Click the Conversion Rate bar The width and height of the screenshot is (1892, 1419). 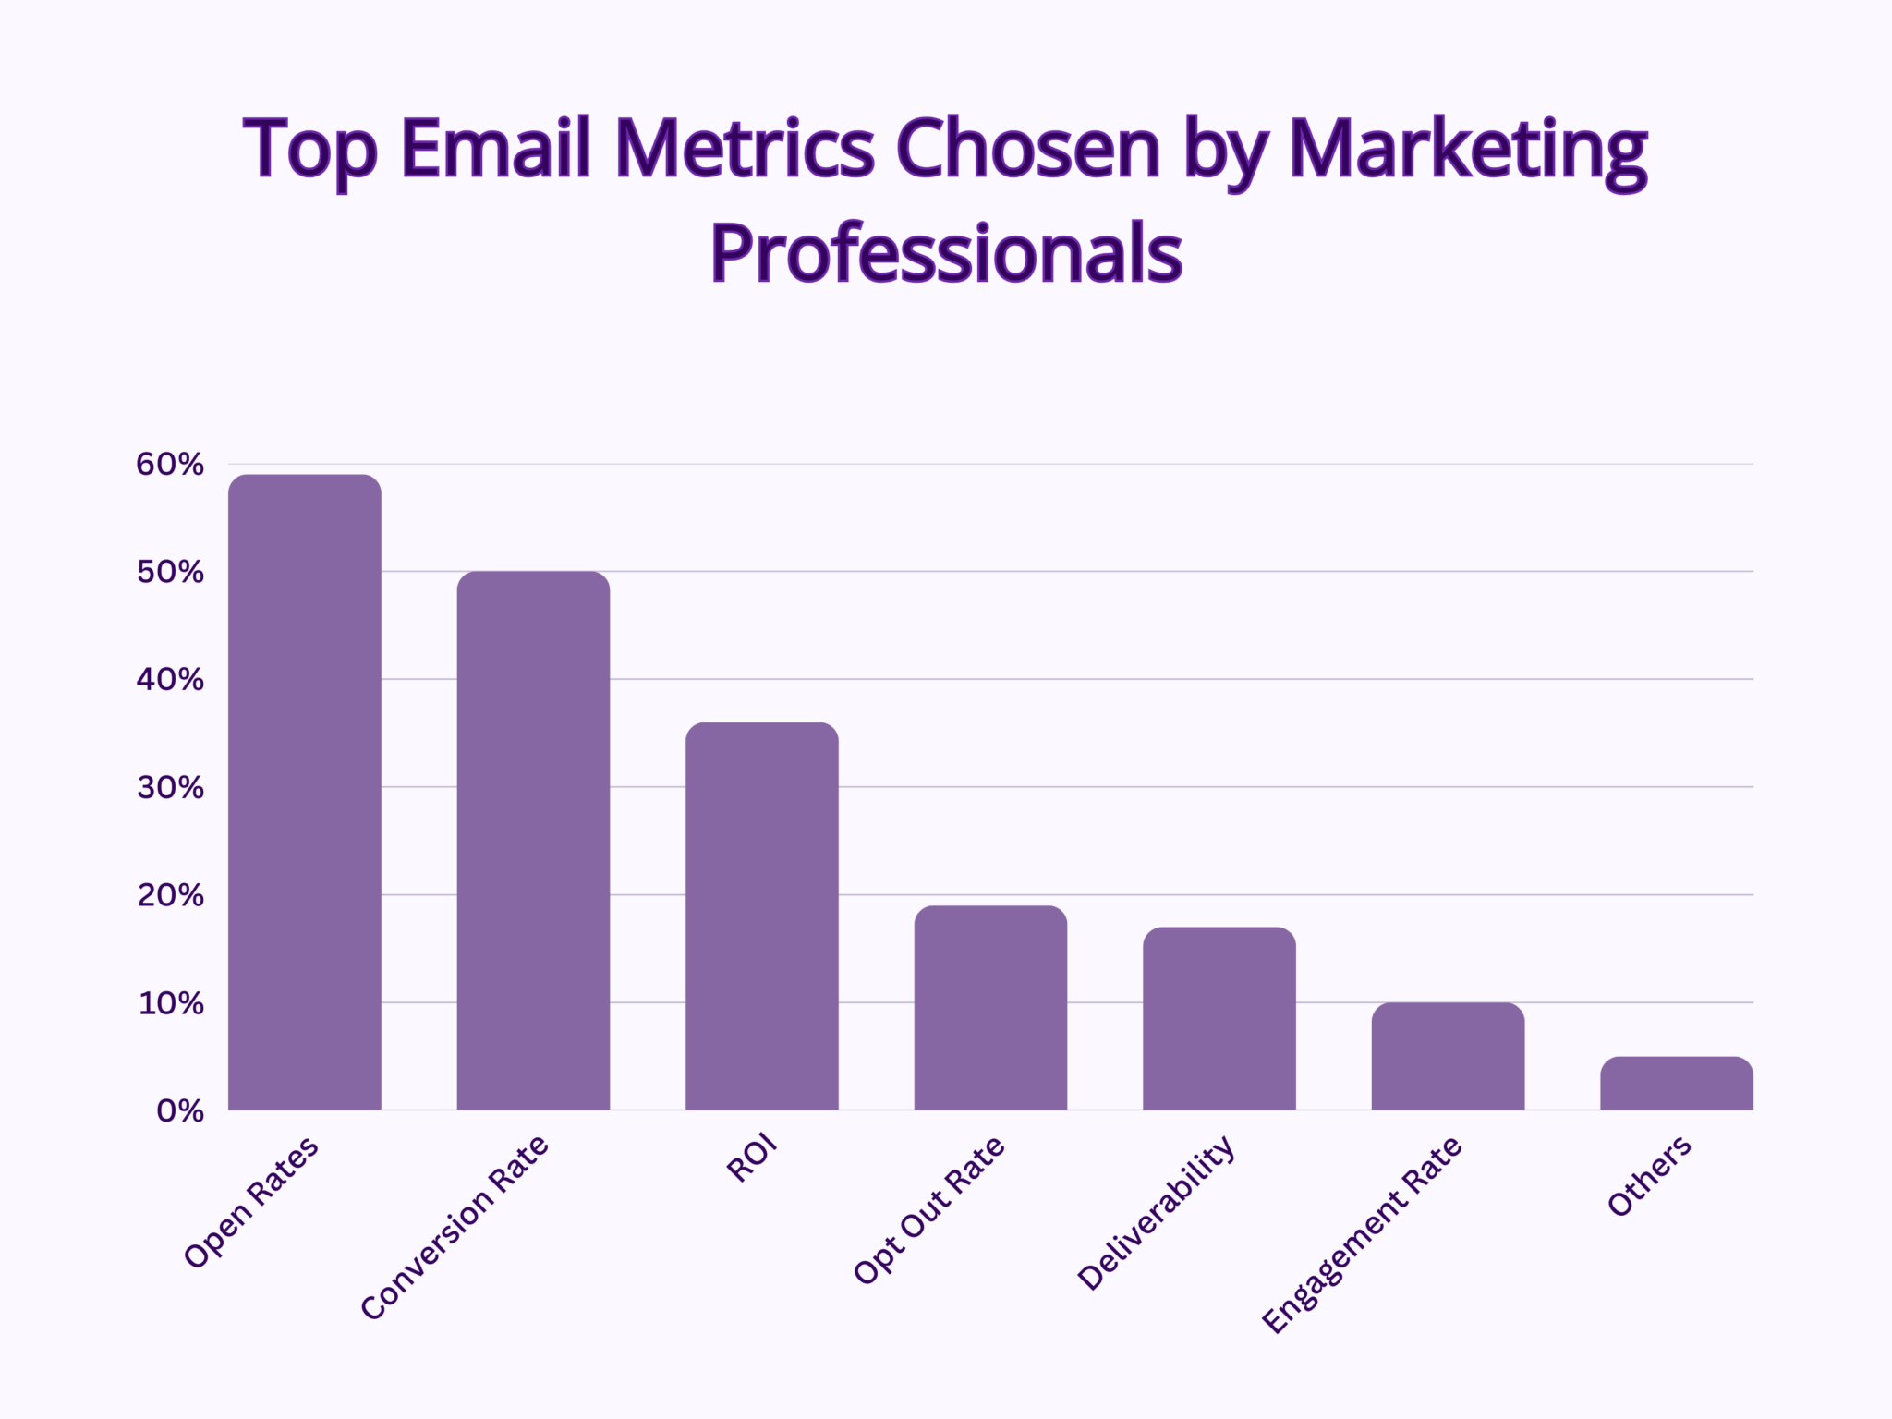coord(533,841)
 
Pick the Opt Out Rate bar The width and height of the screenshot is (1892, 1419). coord(990,1008)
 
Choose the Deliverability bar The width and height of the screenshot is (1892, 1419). coord(1219,1019)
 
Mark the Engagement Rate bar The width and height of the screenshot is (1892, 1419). coord(1448,1057)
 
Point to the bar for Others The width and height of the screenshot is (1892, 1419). coord(1677,1084)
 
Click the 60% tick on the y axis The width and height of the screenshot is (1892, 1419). coord(170,465)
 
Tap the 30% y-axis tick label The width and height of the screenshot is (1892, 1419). coord(170,788)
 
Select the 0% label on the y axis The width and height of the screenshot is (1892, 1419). coord(180,1111)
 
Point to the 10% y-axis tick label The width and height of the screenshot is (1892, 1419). coord(170,1003)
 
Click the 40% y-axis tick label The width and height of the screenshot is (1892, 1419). coord(170,680)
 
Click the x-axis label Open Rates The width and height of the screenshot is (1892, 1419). coord(251,1202)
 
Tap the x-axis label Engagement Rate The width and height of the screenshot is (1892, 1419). coord(1362,1236)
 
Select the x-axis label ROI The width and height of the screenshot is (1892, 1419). coord(752,1161)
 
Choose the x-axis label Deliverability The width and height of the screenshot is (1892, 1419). coord(1156,1213)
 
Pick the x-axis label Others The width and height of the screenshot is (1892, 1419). coord(1649,1176)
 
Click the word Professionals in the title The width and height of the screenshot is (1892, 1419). coord(946,253)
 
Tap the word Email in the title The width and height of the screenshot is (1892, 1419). coord(496,149)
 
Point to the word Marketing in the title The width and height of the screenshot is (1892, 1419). coord(1467,151)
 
